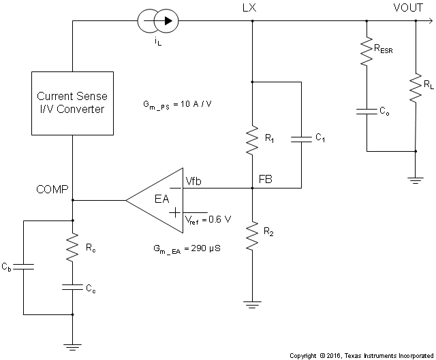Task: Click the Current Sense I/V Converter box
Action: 72,101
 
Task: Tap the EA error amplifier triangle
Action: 157,200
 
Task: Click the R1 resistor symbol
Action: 253,135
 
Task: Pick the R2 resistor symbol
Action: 253,235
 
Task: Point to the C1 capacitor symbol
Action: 300,140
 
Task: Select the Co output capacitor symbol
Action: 367,110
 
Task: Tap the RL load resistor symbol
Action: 415,87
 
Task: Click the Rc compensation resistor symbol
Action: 72,249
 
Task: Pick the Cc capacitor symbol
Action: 72,287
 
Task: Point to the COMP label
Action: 52,189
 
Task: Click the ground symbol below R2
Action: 253,305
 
